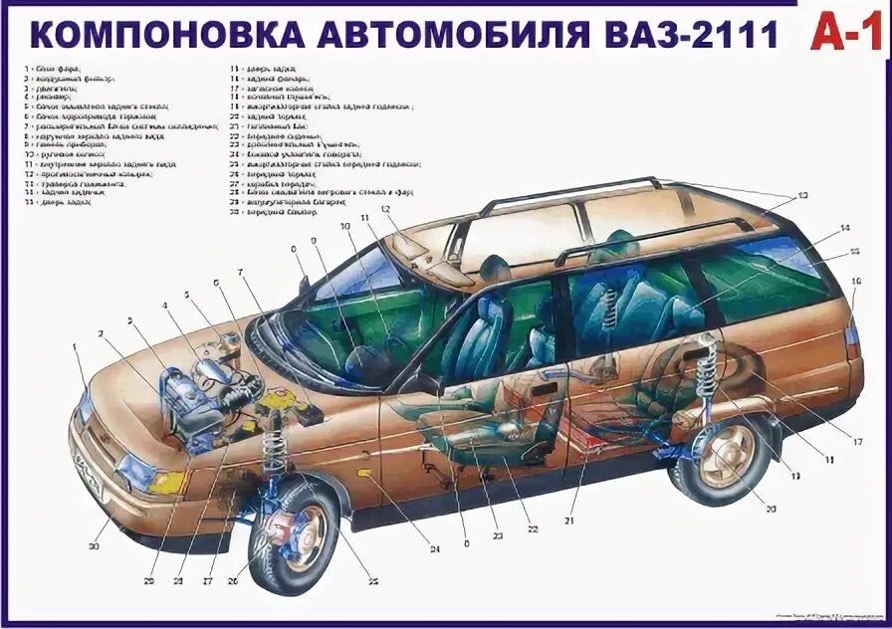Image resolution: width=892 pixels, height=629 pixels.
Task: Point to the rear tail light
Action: point(852,338)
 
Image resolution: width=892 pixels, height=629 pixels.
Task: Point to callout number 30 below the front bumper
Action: point(96,546)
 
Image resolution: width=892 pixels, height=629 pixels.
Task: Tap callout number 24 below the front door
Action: point(434,548)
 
